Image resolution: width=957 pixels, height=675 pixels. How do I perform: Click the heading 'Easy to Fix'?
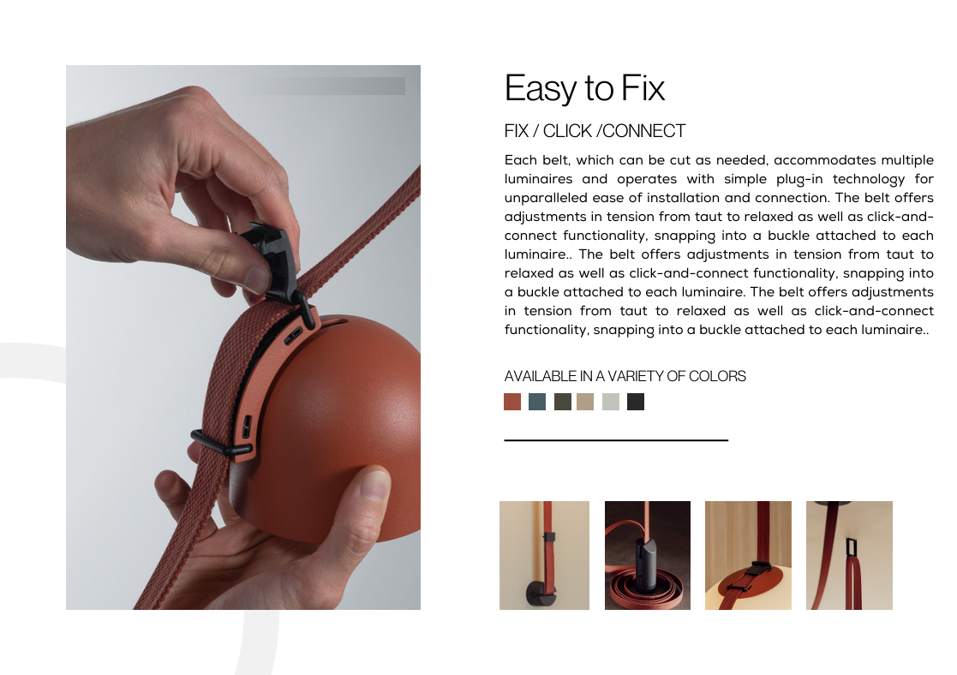(x=584, y=88)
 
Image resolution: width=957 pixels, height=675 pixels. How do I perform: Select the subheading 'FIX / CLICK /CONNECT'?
(x=595, y=131)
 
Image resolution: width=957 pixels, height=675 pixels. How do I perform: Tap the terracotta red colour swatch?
(x=512, y=402)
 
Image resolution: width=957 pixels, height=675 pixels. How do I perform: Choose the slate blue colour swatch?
(x=537, y=402)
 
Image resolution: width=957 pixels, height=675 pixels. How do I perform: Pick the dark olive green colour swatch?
(x=563, y=402)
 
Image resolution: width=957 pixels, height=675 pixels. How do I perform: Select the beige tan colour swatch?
(x=585, y=402)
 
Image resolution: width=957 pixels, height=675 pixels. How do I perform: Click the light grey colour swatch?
(x=611, y=402)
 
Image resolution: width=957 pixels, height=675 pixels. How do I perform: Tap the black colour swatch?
(x=636, y=402)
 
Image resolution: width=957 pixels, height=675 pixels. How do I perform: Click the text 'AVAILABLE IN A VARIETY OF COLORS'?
(x=625, y=376)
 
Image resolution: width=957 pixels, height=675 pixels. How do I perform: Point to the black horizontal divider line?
(x=616, y=439)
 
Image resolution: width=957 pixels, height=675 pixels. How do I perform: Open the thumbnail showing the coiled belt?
(x=648, y=555)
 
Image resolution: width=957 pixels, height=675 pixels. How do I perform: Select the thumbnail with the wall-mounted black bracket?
(x=544, y=555)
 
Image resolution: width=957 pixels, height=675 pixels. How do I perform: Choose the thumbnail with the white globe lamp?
(x=748, y=555)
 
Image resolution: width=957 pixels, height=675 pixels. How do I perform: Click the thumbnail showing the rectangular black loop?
(x=849, y=555)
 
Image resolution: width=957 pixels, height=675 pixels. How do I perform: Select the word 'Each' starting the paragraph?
(x=520, y=160)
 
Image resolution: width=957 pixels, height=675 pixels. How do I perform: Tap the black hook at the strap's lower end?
(x=213, y=444)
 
